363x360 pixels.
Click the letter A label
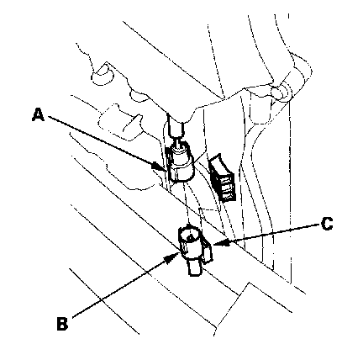[x=38, y=115]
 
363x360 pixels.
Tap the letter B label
[x=62, y=324]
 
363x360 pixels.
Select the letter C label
[x=327, y=224]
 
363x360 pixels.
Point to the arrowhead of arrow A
[x=158, y=167]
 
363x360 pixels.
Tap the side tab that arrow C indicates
[x=208, y=250]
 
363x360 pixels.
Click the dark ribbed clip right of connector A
[x=223, y=178]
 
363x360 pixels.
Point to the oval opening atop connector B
[x=190, y=235]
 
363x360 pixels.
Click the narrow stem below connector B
[x=195, y=267]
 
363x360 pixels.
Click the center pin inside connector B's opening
[x=191, y=236]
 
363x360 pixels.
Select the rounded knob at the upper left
[x=103, y=73]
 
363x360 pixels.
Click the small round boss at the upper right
[x=280, y=93]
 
